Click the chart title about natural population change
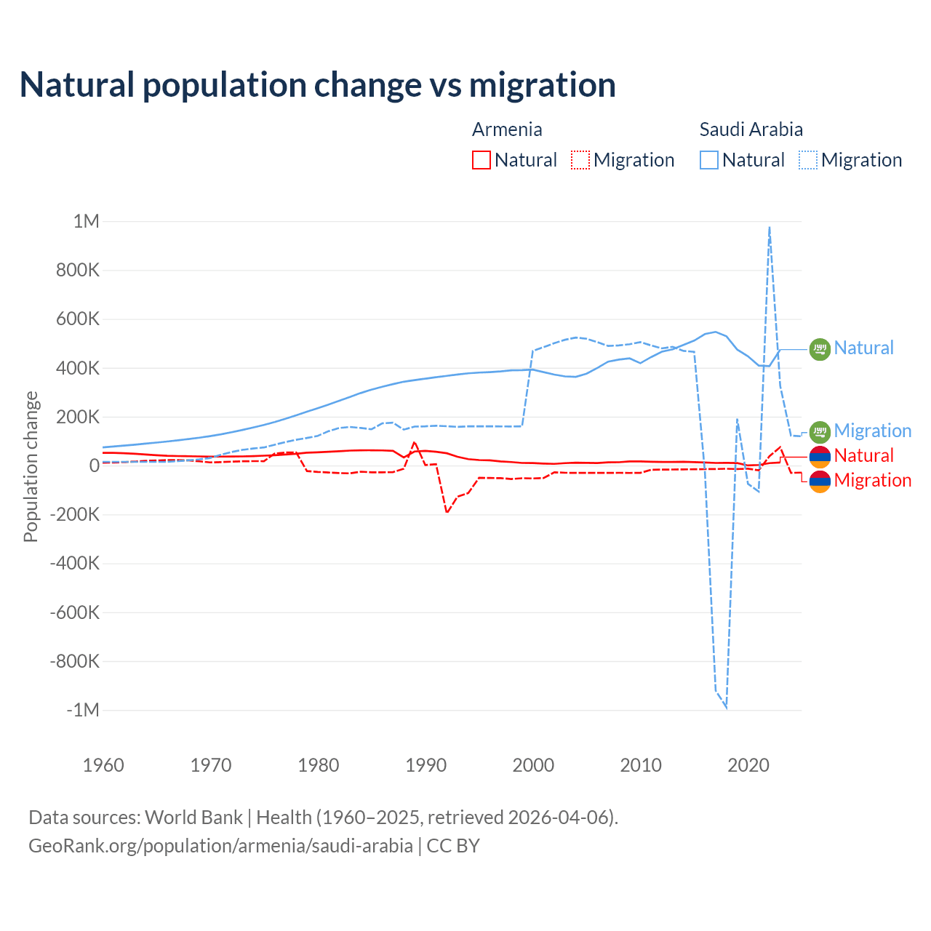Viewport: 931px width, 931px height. [x=317, y=85]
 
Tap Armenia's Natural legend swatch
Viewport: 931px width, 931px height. [x=481, y=160]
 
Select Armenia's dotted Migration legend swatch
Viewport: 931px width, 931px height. [x=580, y=160]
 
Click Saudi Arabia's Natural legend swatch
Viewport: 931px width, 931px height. [x=708, y=160]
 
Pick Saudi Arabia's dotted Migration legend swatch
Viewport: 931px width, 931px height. [x=808, y=160]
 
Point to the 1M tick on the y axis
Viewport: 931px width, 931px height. [x=86, y=221]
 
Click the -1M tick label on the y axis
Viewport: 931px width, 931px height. [x=82, y=710]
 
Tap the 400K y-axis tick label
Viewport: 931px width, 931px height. [x=74, y=368]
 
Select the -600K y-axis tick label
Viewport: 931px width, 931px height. [x=74, y=612]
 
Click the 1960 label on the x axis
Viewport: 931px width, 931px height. [x=103, y=765]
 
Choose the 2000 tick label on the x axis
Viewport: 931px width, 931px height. [x=533, y=765]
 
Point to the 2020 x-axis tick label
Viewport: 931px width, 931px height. [x=748, y=765]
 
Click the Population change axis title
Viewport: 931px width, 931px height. [x=31, y=466]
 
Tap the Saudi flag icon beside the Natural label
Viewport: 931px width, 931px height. [x=820, y=349]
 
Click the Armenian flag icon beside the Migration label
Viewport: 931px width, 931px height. [x=820, y=481]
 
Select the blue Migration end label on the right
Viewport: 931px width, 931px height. [x=872, y=431]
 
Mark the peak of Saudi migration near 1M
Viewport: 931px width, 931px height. [x=770, y=228]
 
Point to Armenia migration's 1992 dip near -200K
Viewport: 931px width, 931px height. [x=447, y=513]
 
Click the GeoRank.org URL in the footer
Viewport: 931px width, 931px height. [x=220, y=846]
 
